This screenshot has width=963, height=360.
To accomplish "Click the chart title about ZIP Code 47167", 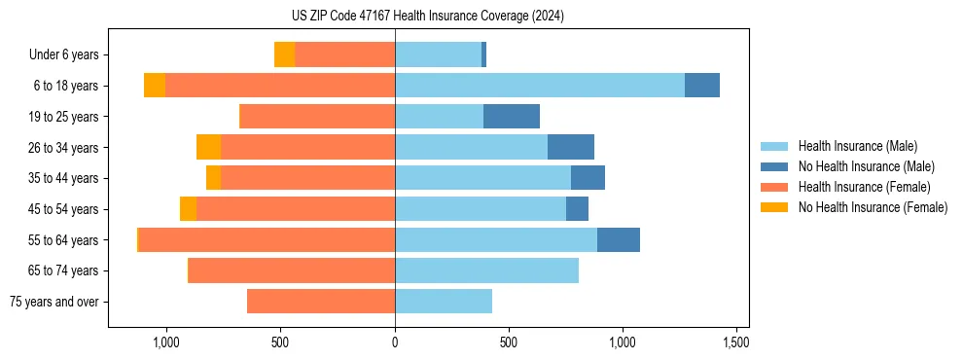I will (x=427, y=16).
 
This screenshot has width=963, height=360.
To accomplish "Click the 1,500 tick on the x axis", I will (x=735, y=342).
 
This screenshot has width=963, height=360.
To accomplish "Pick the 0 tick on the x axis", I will (x=395, y=342).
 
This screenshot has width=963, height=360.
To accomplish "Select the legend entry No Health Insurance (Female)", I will (x=873, y=207).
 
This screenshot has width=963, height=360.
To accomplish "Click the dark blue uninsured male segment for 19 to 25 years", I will (x=512, y=117).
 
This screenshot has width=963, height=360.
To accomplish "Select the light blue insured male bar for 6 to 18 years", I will (x=540, y=86).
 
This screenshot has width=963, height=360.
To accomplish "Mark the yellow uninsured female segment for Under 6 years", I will (x=284, y=55).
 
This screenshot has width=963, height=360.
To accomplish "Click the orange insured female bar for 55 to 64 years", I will (x=267, y=240).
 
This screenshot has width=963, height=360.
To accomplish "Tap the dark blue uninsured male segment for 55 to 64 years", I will (x=619, y=240).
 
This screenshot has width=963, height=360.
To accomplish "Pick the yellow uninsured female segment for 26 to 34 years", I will (x=208, y=148).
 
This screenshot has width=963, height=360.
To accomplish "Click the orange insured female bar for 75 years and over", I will (x=321, y=302).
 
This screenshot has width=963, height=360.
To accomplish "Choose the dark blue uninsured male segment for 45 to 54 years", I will (x=577, y=209).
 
